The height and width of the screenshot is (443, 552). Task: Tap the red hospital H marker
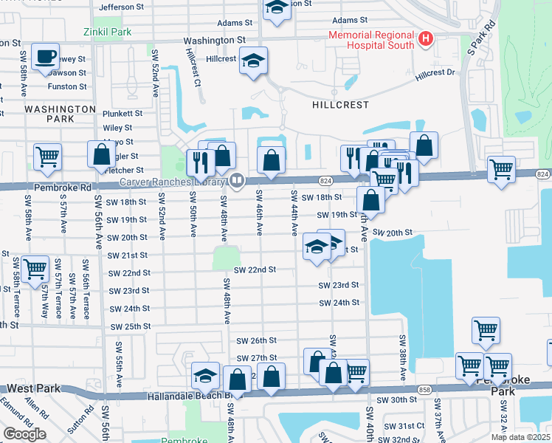pyautogui.click(x=425, y=38)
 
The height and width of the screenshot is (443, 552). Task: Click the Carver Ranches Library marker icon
pyautogui.click(x=237, y=180)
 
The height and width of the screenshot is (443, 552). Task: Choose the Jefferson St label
pyautogui.click(x=121, y=7)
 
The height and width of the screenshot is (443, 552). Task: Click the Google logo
pyautogui.click(x=24, y=434)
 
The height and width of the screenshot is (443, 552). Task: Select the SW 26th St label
pyautogui.click(x=256, y=340)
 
